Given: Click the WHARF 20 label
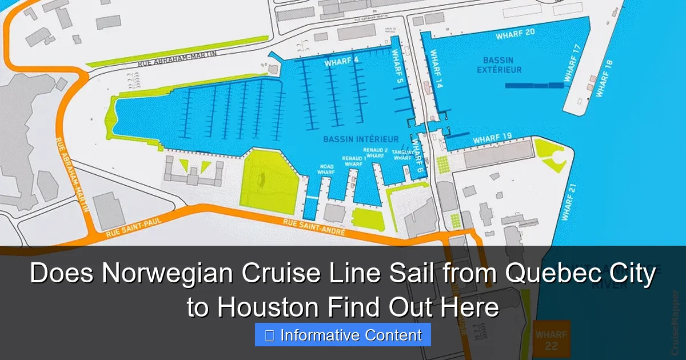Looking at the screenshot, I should (514, 34).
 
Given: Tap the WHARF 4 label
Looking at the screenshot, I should (341, 62).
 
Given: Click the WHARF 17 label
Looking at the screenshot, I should (572, 63).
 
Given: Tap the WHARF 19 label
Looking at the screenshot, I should (492, 138).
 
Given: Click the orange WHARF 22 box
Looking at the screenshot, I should (551, 340).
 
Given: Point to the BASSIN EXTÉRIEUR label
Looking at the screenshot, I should (502, 65).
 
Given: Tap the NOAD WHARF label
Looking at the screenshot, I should (326, 169).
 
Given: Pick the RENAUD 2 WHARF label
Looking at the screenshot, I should (376, 153).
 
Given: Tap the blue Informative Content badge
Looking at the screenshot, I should (343, 335).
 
